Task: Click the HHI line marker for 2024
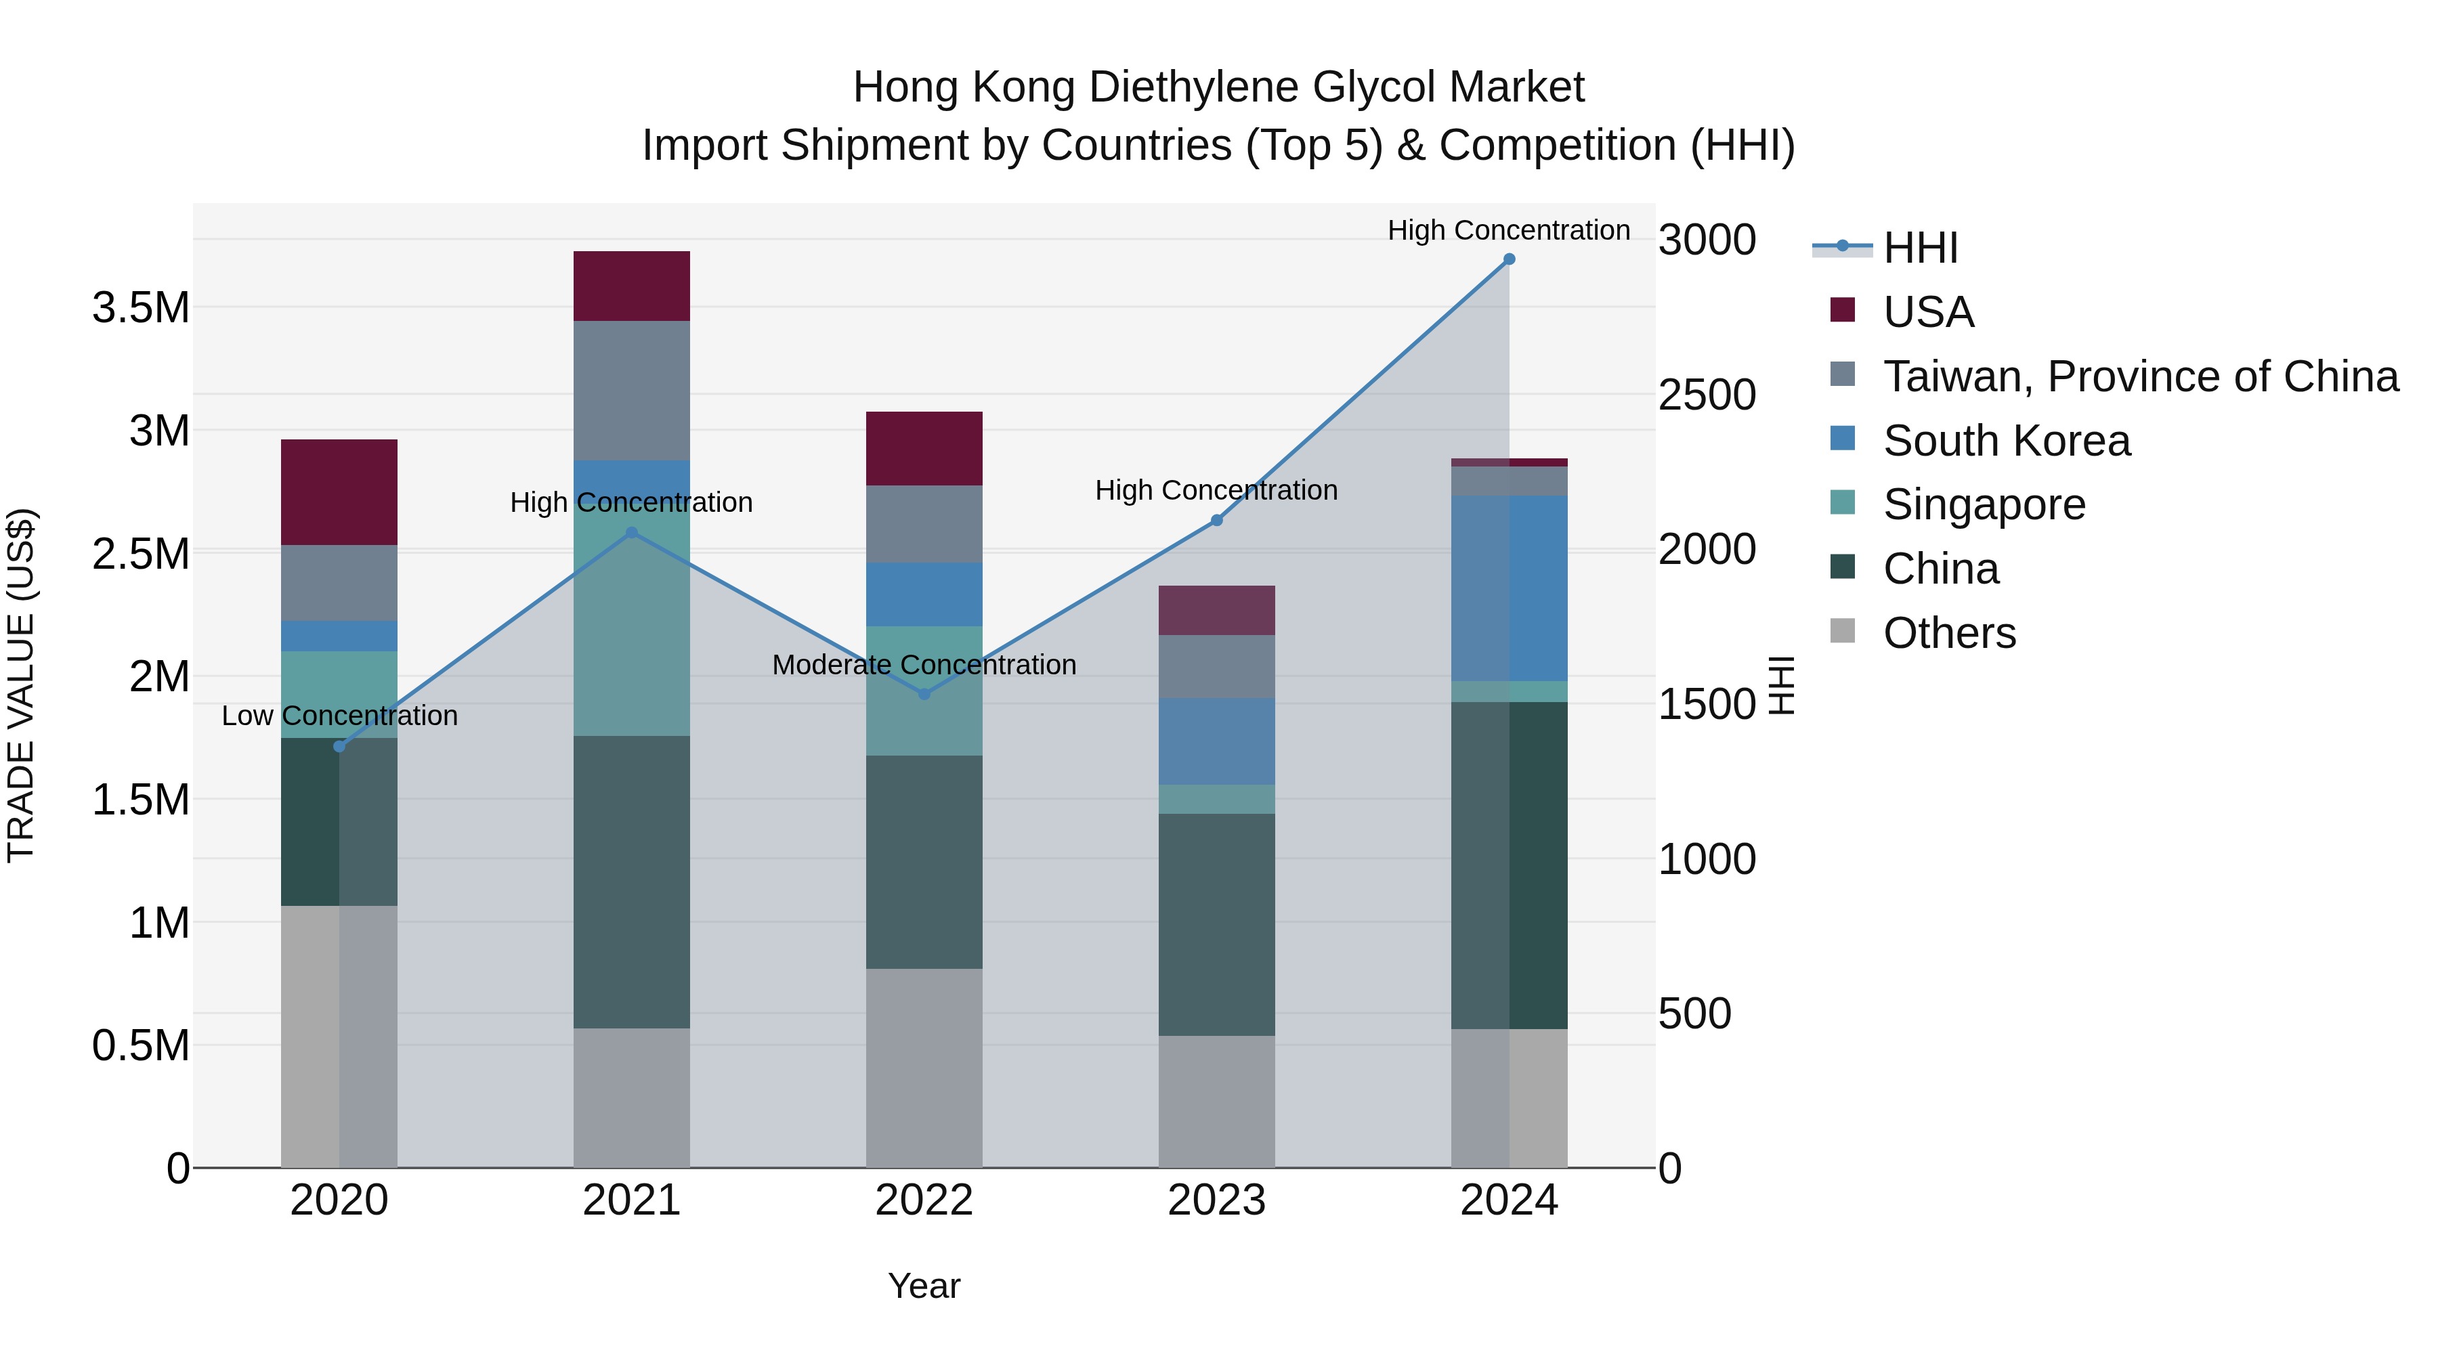[1509, 259]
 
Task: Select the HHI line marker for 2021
[633, 533]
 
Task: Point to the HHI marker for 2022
[924, 693]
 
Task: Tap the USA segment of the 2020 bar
[339, 492]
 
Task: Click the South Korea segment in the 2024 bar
[1509, 588]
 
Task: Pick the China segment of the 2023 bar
[1216, 923]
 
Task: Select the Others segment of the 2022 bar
[924, 1067]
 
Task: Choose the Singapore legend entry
[1983, 504]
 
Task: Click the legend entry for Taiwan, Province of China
[2139, 376]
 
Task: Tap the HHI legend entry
[1919, 248]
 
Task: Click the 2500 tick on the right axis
[1707, 395]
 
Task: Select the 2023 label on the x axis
[1216, 1200]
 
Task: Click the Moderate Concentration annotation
[924, 665]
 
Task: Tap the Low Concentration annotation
[339, 716]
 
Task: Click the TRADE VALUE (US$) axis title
[21, 685]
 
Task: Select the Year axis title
[924, 1286]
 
